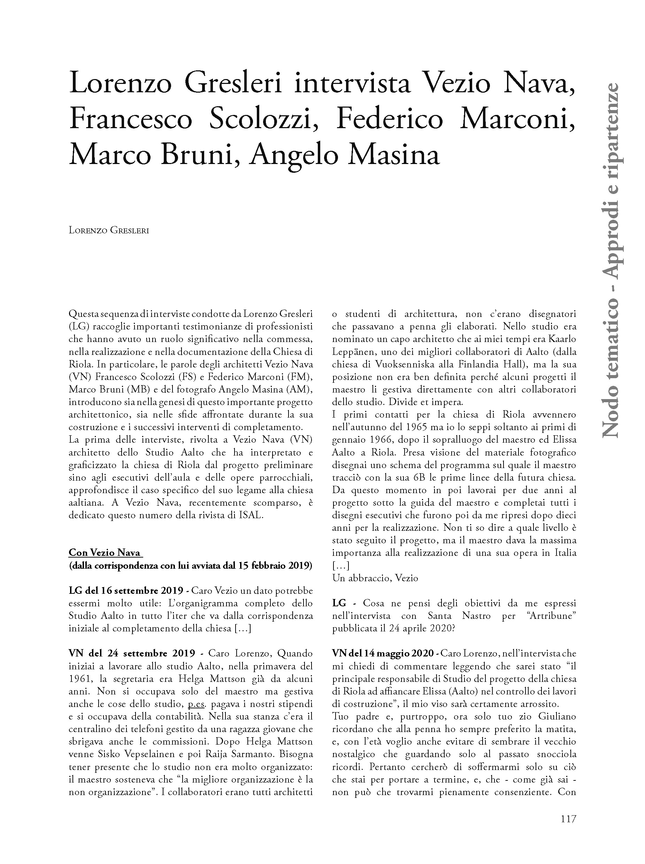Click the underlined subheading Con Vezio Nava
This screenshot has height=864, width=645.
[105, 553]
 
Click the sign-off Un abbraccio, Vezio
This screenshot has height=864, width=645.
[375, 578]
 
